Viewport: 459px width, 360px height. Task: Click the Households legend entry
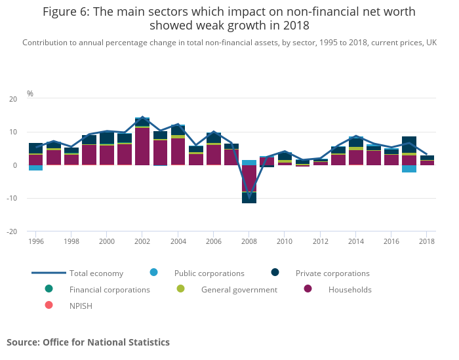(x=349, y=290)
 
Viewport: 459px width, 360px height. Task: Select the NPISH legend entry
(x=81, y=306)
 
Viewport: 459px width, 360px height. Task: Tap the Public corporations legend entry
(x=209, y=273)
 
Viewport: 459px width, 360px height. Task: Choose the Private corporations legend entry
(x=332, y=273)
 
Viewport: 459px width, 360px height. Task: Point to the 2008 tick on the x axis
(x=249, y=242)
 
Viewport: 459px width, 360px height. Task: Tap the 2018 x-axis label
(x=427, y=242)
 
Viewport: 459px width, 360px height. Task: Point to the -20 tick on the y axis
(x=13, y=231)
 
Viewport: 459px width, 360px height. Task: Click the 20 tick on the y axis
(x=14, y=99)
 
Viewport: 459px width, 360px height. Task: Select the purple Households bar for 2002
(x=142, y=146)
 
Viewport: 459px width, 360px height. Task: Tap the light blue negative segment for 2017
(x=409, y=169)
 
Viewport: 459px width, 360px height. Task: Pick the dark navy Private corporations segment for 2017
(x=409, y=144)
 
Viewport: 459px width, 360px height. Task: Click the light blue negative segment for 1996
(x=35, y=168)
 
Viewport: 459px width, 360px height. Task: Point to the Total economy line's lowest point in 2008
(x=249, y=196)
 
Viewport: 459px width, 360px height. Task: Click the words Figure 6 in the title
(x=63, y=12)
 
